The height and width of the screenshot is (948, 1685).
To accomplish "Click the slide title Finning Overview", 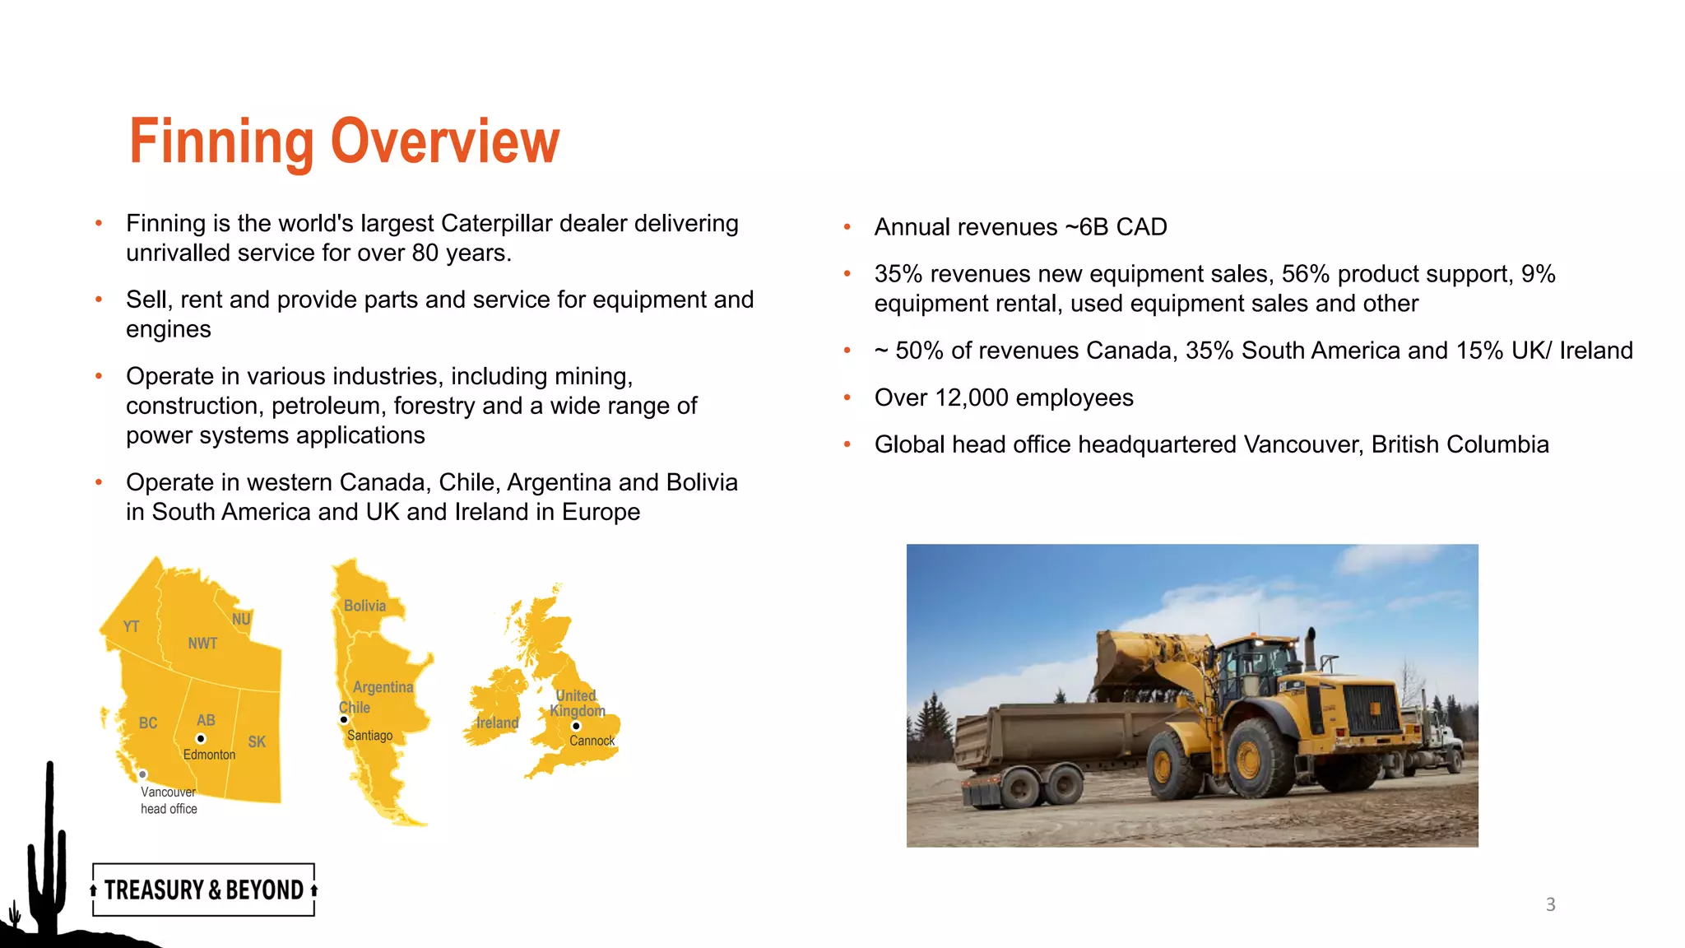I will (x=344, y=142).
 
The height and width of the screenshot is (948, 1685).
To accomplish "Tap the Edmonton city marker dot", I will (x=201, y=739).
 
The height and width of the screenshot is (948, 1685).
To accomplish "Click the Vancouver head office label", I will (x=169, y=800).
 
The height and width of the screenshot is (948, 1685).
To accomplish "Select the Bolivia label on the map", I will (x=364, y=606).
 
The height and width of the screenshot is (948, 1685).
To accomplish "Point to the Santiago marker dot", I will (x=344, y=720).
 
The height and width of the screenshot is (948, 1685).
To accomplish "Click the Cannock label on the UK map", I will (x=592, y=741).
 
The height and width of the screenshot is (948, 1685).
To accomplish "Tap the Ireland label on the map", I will (x=497, y=723).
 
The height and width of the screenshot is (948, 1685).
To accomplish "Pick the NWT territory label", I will (x=202, y=644).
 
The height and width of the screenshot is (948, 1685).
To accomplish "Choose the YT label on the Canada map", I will (x=131, y=626).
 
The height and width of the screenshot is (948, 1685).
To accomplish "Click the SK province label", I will (x=257, y=741).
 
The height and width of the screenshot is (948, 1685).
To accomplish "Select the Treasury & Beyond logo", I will (x=204, y=890).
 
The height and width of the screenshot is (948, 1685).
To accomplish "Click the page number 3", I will (x=1550, y=904).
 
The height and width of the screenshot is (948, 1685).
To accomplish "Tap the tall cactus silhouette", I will (x=49, y=848).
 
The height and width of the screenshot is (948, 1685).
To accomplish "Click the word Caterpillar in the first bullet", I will (x=496, y=224).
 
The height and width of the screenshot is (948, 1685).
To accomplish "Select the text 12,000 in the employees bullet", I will (x=972, y=398).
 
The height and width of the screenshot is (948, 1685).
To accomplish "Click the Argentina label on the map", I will (x=383, y=687).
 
